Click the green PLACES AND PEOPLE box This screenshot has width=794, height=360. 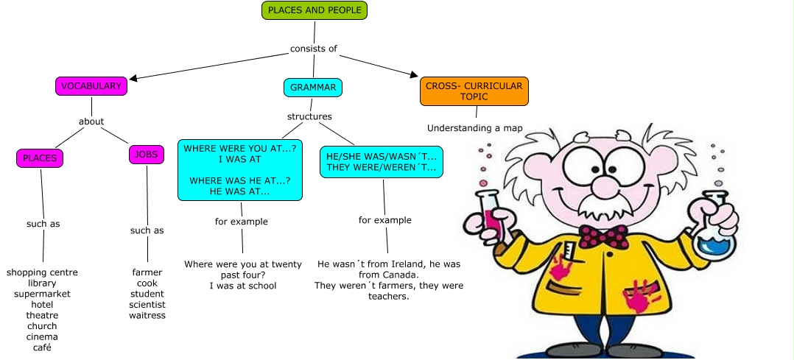point(315,10)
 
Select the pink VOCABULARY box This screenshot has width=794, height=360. point(91,86)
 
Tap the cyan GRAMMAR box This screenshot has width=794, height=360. point(313,87)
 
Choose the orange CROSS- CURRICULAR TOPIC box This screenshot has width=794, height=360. point(474,91)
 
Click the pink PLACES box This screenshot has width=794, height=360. point(40,158)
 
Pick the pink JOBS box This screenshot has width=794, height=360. point(147,155)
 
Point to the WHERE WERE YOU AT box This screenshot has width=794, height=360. point(240,169)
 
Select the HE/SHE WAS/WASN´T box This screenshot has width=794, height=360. point(381,162)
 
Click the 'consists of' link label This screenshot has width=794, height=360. point(314,49)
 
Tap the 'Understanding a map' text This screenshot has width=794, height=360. point(475,128)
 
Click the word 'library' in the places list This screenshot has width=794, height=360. point(42,283)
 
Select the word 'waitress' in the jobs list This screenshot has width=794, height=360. point(147,315)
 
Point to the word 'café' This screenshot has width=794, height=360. point(42,347)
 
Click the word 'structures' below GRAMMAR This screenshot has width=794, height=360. point(309,116)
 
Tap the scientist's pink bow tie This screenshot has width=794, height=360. point(602,236)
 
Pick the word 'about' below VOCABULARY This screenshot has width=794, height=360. point(91,121)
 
